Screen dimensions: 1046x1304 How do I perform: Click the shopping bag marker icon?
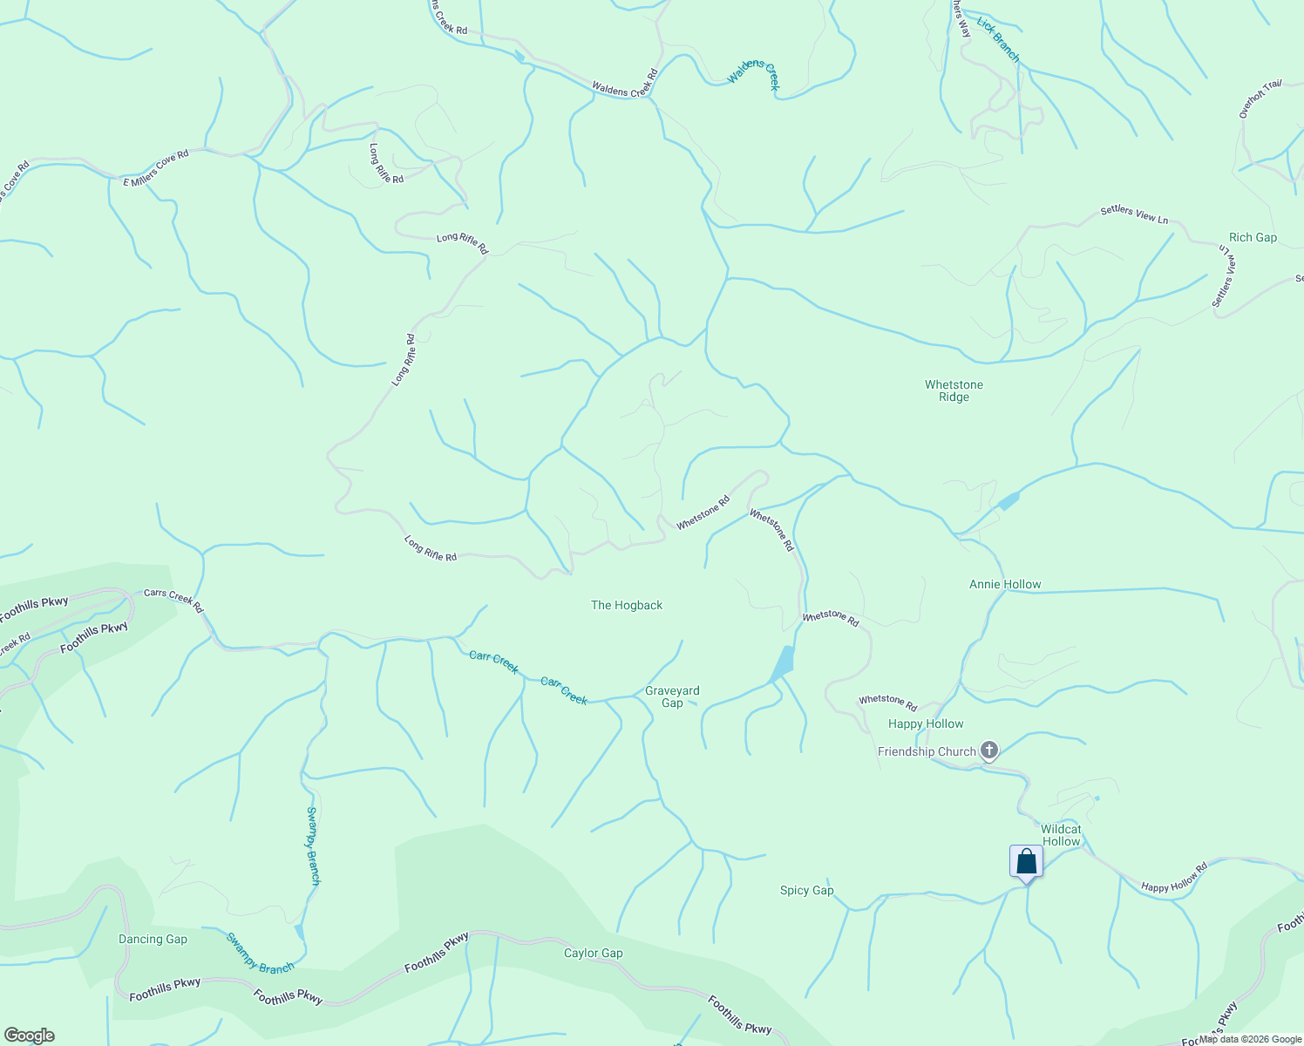[x=1026, y=862]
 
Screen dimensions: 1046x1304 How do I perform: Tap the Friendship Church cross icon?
[x=988, y=750]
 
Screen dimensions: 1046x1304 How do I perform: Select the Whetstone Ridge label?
[x=954, y=391]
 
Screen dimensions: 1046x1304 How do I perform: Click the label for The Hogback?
[x=627, y=605]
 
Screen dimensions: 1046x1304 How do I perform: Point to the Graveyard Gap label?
[x=672, y=696]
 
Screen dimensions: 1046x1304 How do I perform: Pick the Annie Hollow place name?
[x=1005, y=584]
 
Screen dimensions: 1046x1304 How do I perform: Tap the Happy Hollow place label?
[x=926, y=723]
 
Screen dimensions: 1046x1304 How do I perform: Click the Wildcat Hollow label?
[x=1061, y=835]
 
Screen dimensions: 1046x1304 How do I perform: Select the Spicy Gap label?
[x=806, y=890]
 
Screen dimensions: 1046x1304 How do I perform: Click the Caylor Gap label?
[x=593, y=953]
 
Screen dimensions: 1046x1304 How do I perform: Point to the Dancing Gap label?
[x=153, y=939]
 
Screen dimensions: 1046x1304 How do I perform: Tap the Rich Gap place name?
[x=1253, y=237]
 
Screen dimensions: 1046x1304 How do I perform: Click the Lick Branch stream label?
[x=998, y=39]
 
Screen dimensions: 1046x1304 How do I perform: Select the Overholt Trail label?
[x=1260, y=98]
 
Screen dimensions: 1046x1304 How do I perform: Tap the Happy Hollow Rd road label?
[x=1174, y=878]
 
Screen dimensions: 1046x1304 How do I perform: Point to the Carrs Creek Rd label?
[x=173, y=601]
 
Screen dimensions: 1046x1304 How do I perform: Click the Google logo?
[x=29, y=1036]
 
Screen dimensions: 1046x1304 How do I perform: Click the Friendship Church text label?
[x=927, y=751]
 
